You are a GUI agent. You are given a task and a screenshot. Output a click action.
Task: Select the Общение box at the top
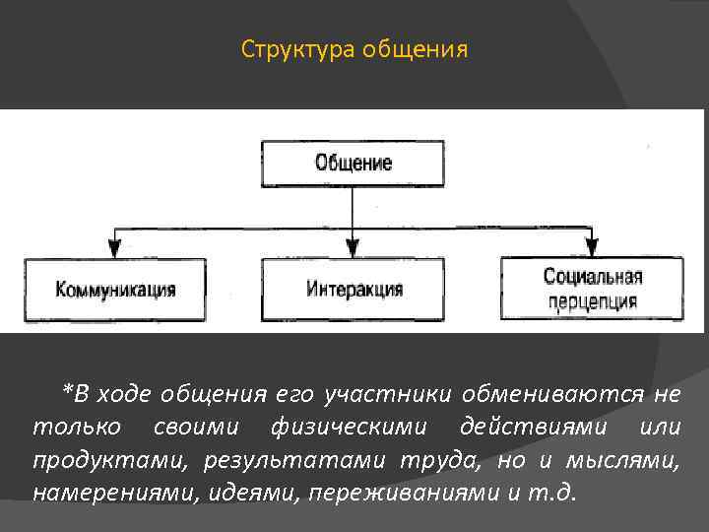point(353,164)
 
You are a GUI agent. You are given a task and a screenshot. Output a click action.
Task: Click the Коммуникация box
point(116,290)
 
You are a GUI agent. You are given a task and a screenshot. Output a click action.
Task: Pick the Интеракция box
point(353,290)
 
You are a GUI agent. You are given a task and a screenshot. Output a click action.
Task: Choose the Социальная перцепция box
point(592,290)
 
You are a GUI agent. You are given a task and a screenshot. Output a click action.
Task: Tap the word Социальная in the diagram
point(592,279)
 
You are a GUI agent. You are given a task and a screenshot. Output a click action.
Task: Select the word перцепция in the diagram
point(592,301)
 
